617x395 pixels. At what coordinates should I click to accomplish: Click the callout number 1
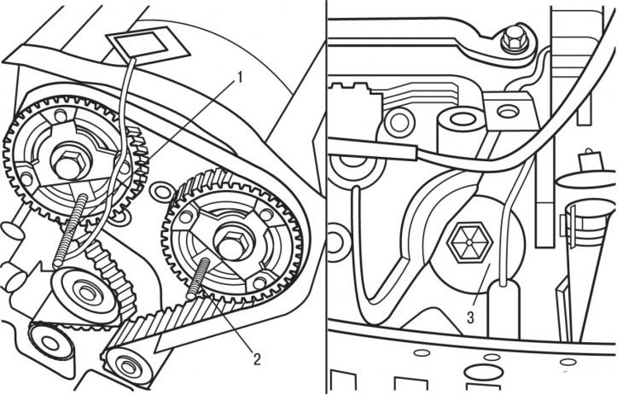[237, 78]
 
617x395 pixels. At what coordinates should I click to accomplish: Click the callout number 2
[257, 359]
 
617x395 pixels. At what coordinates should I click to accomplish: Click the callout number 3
[470, 317]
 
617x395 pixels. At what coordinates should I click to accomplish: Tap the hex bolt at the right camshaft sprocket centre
[232, 245]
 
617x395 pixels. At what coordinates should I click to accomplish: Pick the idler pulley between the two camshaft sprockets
[84, 292]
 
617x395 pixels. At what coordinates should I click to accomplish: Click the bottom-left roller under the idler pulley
[50, 343]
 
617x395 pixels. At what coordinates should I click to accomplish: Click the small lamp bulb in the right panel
[587, 160]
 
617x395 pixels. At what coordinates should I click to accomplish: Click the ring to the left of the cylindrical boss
[400, 122]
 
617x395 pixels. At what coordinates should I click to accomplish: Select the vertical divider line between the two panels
[326, 198]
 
